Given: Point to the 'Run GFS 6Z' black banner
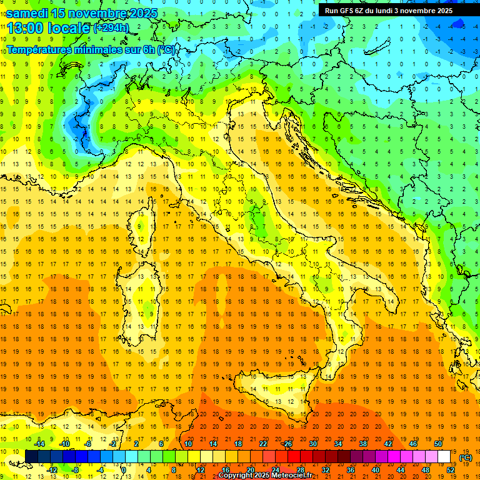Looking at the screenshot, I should pos(397,10).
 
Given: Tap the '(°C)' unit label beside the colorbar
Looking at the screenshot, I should pos(466,457).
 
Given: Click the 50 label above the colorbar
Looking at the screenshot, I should pos(438,444).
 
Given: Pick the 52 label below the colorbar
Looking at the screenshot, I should pos(451,470).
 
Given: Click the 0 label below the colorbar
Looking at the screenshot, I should pos(124,470).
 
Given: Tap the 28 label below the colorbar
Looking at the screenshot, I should pos(301,470).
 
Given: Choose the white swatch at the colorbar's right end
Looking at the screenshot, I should pos(444,457).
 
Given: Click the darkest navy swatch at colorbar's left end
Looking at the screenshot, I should pos(31,457).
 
